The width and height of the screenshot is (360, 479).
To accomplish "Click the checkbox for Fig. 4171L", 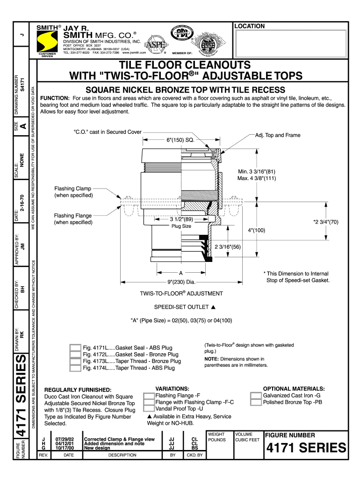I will click(x=75, y=348).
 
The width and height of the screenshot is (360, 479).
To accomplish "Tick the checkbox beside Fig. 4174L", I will click(x=75, y=368).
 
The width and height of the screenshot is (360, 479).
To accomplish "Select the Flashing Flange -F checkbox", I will click(x=149, y=396).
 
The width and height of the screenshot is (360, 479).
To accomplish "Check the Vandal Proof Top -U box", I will click(x=149, y=409).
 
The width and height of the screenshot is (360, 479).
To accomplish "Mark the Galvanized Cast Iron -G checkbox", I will click(x=256, y=396).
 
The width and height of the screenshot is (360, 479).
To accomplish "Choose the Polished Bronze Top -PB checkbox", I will click(x=256, y=402).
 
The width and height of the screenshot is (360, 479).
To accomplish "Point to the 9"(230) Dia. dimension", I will click(x=180, y=282).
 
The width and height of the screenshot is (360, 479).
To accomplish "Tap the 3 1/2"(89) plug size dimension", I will click(x=181, y=219).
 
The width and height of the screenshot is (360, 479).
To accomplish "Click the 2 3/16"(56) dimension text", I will click(x=227, y=247).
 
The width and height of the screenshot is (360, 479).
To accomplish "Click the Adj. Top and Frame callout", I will click(x=277, y=135).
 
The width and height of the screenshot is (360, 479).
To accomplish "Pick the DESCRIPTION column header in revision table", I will click(x=122, y=455).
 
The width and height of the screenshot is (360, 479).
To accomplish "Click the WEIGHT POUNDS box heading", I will click(x=216, y=437).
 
